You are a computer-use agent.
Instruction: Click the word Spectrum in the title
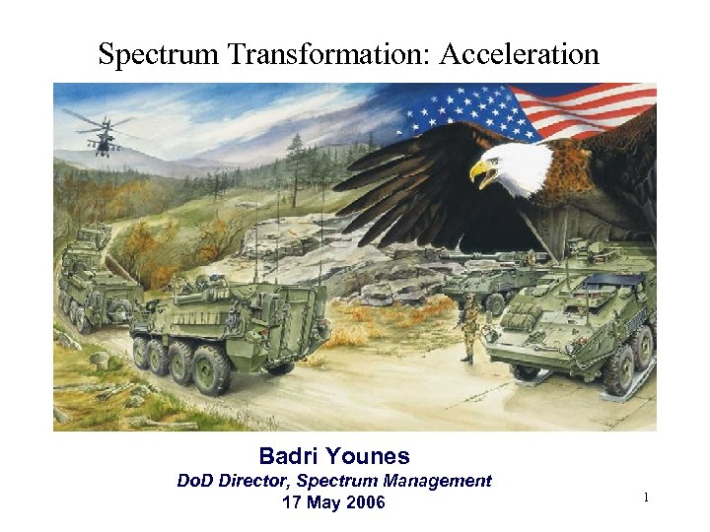pyautogui.click(x=159, y=53)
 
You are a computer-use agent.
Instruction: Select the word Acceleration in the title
pyautogui.click(x=519, y=53)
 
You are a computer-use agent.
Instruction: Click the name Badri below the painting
pyautogui.click(x=290, y=456)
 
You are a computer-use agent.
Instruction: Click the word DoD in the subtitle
pyautogui.click(x=194, y=481)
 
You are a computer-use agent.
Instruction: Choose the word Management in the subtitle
pyautogui.click(x=436, y=481)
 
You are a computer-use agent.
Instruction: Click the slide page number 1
pyautogui.click(x=646, y=499)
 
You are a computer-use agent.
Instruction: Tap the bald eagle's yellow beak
pyautogui.click(x=480, y=173)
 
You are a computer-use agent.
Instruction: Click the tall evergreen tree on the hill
pyautogui.click(x=297, y=167)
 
